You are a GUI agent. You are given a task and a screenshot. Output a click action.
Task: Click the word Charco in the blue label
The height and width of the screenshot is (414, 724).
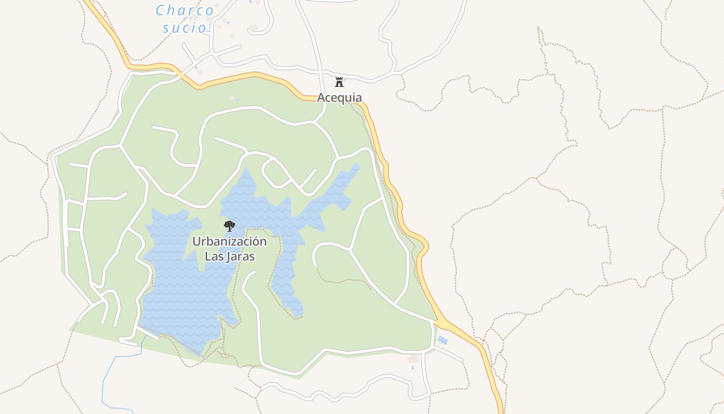[x=185, y=10]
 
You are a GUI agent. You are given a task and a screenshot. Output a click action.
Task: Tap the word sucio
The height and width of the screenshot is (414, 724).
[x=185, y=28]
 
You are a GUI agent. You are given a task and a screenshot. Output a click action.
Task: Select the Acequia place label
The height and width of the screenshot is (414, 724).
[x=339, y=97]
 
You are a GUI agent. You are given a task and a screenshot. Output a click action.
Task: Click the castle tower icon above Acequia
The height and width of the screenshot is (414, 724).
[x=339, y=82]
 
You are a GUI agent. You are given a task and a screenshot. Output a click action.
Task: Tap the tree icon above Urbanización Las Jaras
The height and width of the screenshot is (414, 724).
[x=229, y=226]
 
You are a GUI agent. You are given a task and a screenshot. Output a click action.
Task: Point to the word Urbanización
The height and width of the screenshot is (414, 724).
[x=230, y=242]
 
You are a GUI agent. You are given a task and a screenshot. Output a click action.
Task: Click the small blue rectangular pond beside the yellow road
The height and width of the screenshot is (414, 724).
[x=442, y=340]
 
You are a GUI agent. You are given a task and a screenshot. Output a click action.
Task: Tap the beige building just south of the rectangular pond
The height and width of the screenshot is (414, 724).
[x=414, y=358]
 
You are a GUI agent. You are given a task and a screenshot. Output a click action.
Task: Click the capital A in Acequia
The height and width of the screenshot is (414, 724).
[x=321, y=97]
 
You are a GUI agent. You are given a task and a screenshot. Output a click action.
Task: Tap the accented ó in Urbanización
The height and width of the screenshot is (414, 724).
[x=256, y=241]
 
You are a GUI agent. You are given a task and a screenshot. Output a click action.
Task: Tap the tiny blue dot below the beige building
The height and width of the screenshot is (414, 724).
[x=413, y=368]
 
